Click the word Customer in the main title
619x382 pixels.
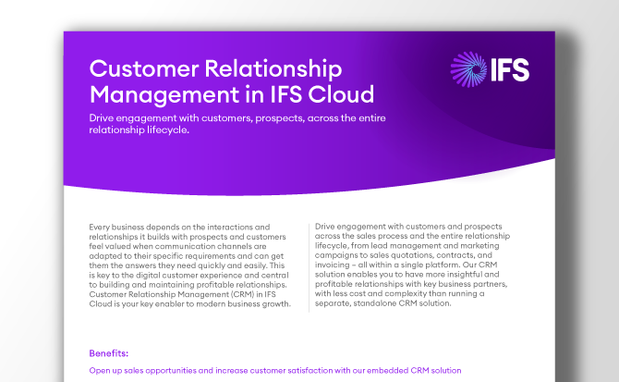click(x=143, y=69)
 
